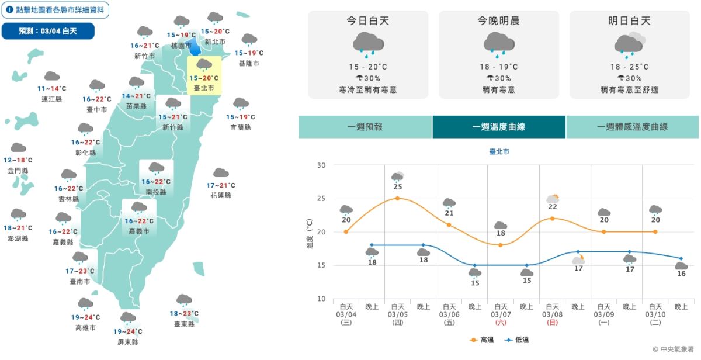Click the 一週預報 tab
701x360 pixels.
[x=365, y=127]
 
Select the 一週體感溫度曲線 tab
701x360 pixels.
[x=632, y=127]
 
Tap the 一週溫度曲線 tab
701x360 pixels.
[x=499, y=127]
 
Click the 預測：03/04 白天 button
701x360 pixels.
[x=48, y=31]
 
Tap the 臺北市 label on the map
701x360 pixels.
[x=204, y=88]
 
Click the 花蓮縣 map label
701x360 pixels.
[x=221, y=195]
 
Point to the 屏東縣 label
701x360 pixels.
[x=127, y=341]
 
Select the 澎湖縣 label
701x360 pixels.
[x=18, y=238]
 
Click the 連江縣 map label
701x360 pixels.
[x=51, y=99]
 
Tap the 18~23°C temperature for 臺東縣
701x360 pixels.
[x=184, y=313]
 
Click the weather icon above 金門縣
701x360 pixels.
[x=18, y=148]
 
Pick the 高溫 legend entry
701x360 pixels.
[x=482, y=340]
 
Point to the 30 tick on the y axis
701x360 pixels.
[x=321, y=165]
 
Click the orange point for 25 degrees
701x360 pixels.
[x=397, y=198]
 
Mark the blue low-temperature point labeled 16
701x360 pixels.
[x=681, y=258]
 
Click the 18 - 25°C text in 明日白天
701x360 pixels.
[x=629, y=67]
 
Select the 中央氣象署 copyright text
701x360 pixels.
[x=674, y=349]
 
